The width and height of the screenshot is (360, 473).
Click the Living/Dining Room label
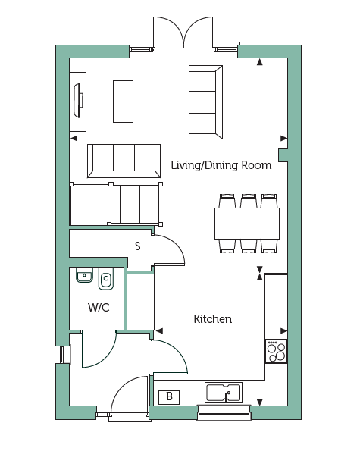pos(221,165)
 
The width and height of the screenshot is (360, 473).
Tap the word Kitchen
pos(212,319)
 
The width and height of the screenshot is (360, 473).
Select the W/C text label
pos(99,308)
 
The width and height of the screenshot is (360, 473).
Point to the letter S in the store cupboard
pos(138,246)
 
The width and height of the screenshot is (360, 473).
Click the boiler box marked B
pos(169,397)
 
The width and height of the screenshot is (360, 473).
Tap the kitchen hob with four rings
pos(276,352)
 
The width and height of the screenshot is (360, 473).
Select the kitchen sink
pos(224,392)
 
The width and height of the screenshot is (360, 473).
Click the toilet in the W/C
pos(105,278)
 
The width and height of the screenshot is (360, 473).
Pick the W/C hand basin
pos(84,275)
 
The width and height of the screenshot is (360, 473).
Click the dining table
pos(247,224)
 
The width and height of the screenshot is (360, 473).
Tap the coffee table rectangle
pos(123,102)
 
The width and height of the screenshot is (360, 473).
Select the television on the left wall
pos(78,102)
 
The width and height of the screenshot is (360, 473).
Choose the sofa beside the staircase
pos(124,161)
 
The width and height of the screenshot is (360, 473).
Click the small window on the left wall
pos(62,354)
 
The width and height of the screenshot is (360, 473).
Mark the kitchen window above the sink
pos(224,412)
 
